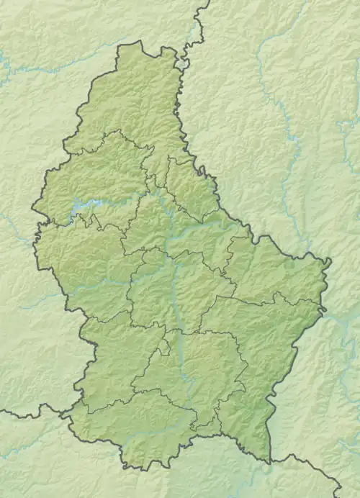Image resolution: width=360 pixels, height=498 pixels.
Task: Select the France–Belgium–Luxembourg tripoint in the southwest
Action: point(66,415)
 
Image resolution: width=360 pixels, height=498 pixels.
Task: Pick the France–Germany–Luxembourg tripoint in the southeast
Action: point(271,461)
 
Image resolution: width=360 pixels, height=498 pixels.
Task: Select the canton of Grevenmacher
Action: point(252,331)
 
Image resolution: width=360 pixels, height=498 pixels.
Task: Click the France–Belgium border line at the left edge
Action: point(29,415)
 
